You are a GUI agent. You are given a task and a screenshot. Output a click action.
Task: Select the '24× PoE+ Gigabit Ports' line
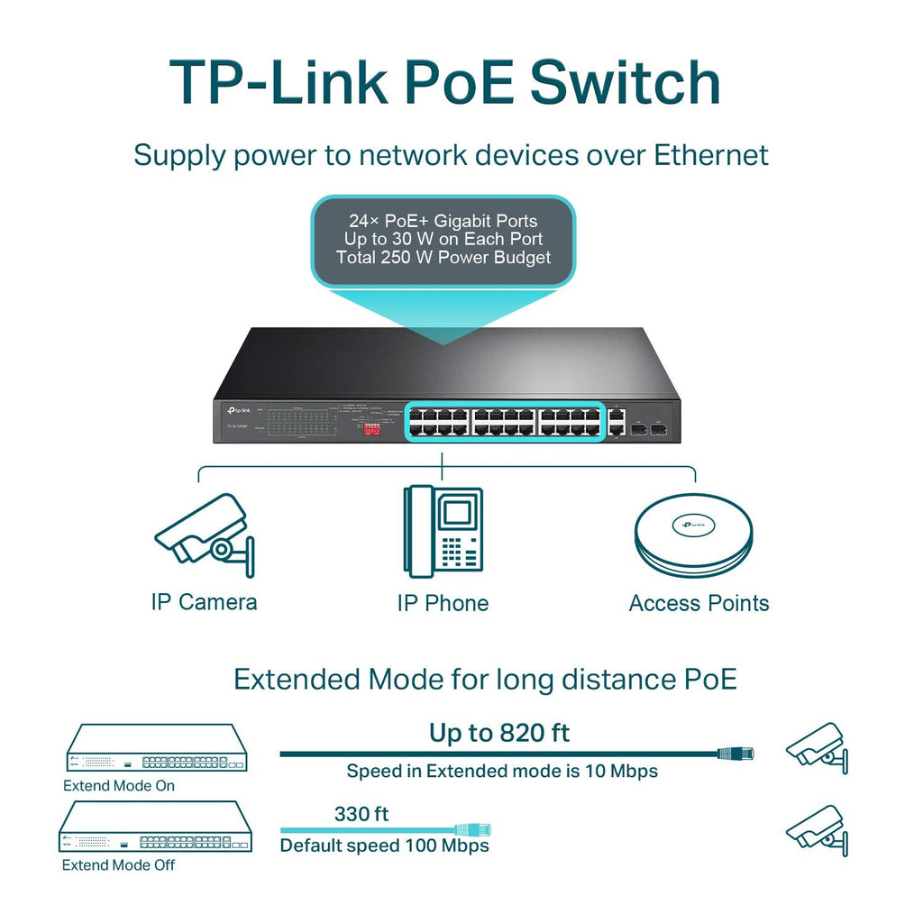443,221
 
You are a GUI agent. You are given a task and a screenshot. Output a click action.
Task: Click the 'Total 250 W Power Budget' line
443,258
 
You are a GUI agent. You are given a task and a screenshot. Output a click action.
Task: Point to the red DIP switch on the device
371,430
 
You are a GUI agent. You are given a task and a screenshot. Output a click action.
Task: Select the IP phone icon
443,531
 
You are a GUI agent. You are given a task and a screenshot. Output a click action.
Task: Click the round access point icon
693,535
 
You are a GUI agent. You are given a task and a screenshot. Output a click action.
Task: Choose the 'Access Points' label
699,603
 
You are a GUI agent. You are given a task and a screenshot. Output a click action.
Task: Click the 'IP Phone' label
443,603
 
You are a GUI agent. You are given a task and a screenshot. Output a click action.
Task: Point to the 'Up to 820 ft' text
499,733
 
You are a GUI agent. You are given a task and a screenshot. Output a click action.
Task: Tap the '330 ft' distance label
361,814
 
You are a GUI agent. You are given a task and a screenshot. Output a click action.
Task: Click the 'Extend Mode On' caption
119,785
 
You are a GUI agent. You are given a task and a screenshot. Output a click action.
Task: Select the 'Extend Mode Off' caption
118,864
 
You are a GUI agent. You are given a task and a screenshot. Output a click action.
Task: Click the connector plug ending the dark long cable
735,753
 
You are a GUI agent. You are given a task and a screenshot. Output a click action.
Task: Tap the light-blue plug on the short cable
472,829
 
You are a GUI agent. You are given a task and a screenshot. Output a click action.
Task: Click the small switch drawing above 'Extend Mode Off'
155,827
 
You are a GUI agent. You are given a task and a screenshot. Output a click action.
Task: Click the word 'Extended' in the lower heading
296,679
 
